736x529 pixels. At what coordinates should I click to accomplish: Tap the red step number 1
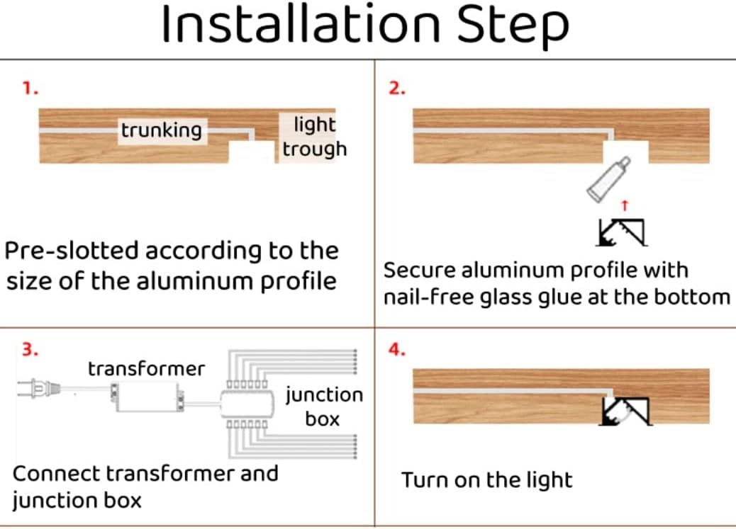(x=30, y=90)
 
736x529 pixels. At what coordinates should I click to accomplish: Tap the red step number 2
(x=397, y=90)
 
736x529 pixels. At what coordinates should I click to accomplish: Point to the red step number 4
(x=397, y=350)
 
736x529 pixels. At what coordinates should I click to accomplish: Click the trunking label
(x=161, y=130)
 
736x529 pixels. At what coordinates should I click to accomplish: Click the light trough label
(x=313, y=137)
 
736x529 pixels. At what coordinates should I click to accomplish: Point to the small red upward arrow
(x=625, y=205)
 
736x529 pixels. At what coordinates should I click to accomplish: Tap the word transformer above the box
(x=146, y=368)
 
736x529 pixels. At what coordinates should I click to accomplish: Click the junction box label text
(x=323, y=406)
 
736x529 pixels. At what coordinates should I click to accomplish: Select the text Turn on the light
(x=486, y=480)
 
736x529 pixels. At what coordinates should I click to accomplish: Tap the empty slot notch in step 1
(x=252, y=151)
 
